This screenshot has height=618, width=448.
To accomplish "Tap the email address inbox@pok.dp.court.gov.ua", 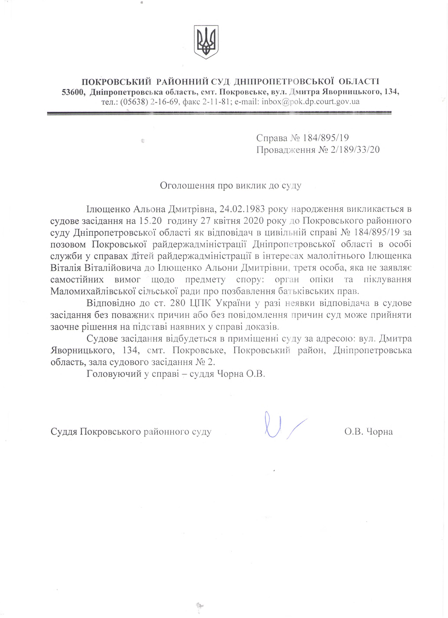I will tap(310, 102).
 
